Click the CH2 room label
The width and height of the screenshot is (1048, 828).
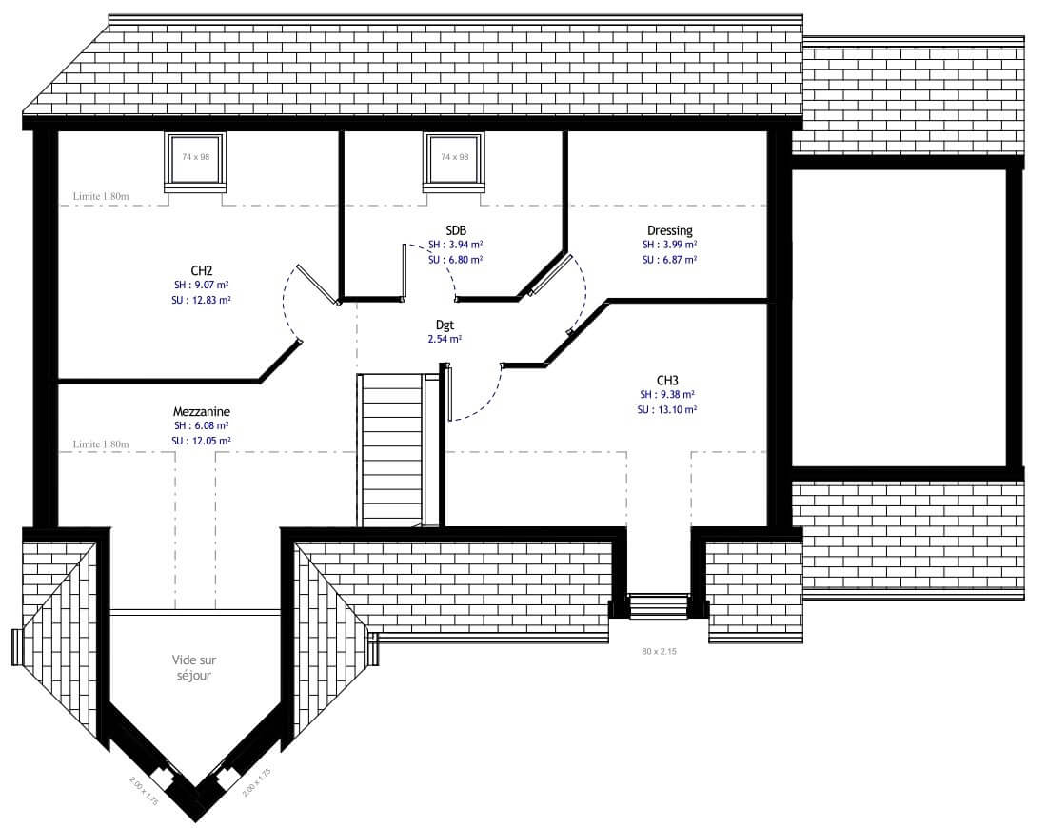[201, 270]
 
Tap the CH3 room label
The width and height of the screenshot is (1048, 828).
[667, 381]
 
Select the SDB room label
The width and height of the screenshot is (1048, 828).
[456, 230]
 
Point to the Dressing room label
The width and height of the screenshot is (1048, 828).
[670, 231]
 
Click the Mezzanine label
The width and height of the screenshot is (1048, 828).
[201, 412]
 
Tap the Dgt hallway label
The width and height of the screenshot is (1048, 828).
[445, 325]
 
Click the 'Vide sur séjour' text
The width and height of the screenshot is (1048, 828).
[194, 667]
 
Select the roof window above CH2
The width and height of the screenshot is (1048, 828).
[195, 158]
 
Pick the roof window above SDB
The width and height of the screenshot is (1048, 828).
[454, 158]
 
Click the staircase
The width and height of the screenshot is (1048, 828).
[391, 450]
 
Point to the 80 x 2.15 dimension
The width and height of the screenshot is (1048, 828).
[659, 651]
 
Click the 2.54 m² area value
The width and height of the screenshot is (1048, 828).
[445, 339]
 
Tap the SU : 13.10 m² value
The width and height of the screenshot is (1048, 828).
[667, 409]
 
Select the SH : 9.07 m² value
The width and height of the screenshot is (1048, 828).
[201, 286]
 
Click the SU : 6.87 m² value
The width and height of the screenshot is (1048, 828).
[670, 260]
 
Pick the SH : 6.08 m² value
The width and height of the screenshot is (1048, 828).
[201, 425]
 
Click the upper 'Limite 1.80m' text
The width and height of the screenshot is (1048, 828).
[101, 196]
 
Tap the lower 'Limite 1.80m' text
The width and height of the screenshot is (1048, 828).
[101, 444]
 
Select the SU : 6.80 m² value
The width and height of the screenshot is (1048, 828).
[456, 260]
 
